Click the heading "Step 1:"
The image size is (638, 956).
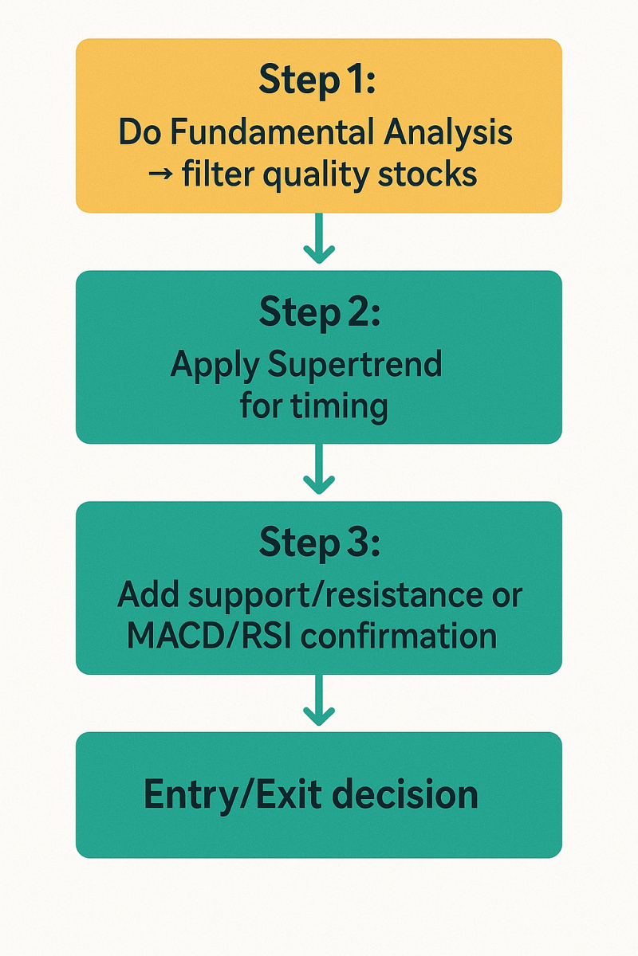click(x=317, y=80)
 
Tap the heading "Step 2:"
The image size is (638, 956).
click(x=319, y=312)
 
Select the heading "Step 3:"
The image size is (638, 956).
click(x=319, y=543)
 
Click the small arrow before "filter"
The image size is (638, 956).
click(x=160, y=174)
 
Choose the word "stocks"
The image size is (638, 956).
click(x=427, y=174)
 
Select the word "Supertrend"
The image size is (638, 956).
click(x=355, y=365)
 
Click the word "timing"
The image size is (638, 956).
click(x=339, y=408)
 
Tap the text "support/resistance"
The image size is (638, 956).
click(x=336, y=596)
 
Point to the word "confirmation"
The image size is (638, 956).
click(x=399, y=637)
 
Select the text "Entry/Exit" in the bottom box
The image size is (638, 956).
click(x=233, y=795)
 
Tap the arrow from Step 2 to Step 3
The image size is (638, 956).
click(x=319, y=468)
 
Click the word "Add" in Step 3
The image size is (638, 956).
click(x=148, y=594)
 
